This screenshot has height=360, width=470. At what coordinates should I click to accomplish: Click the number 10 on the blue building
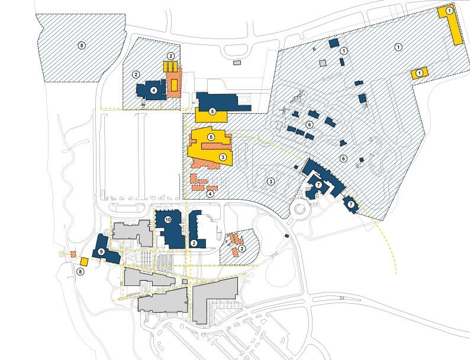(168, 220)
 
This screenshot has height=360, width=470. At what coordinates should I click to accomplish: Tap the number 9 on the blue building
(101, 252)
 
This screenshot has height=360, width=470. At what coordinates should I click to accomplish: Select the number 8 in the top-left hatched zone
(82, 45)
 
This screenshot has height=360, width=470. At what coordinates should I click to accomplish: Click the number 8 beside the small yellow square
(81, 271)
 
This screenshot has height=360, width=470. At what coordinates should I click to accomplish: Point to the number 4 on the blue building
(154, 90)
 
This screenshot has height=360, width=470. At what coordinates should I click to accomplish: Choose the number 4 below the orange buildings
(210, 193)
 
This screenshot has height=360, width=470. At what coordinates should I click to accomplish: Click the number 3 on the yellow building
(222, 157)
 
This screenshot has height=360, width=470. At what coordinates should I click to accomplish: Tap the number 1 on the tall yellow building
(449, 11)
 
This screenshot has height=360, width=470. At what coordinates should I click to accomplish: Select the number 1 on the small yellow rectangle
(420, 72)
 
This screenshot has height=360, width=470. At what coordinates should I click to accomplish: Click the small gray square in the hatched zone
(323, 62)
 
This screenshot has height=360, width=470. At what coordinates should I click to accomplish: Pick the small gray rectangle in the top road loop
(237, 62)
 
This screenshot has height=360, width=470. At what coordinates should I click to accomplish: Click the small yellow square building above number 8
(84, 262)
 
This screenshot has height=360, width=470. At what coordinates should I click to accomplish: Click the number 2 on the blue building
(194, 243)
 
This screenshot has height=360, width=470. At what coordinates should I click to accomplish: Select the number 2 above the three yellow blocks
(170, 56)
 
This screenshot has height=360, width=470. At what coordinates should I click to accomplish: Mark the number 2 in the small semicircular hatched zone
(243, 249)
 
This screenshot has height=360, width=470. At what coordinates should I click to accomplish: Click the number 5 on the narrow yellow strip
(212, 111)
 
